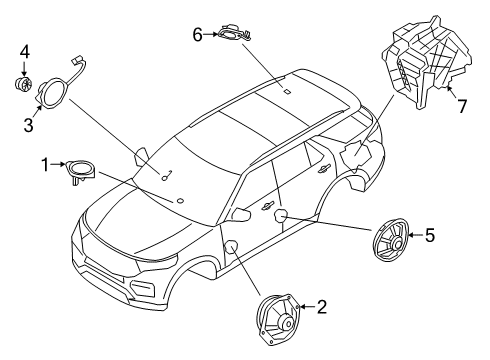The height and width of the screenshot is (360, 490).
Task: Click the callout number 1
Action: pos(45,163)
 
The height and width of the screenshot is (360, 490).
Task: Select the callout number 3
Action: pos(28,124)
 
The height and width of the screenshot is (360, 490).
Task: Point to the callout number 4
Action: pos(24,49)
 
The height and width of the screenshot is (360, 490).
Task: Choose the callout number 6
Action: pos(198,35)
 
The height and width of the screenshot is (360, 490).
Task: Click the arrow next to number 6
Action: pos(212,35)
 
